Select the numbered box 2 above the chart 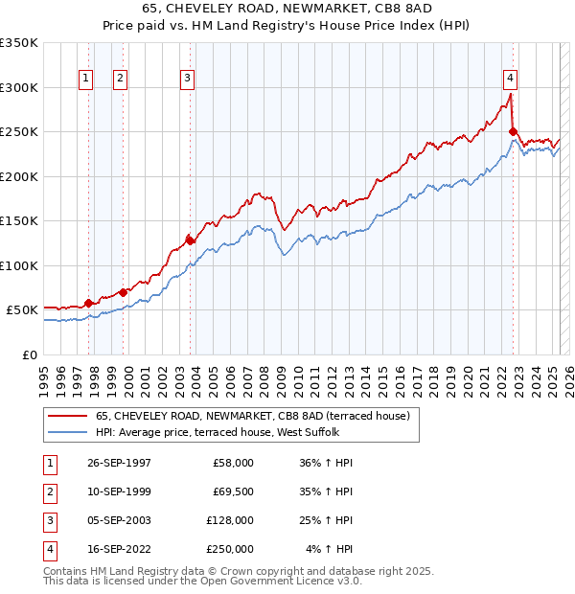(121, 79)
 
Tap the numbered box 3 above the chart (188, 79)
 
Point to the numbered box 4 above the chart (511, 79)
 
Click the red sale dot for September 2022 (514, 131)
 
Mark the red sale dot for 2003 (190, 240)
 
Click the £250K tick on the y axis (19, 131)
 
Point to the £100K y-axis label (19, 265)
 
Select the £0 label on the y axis (29, 354)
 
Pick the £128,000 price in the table (230, 520)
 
